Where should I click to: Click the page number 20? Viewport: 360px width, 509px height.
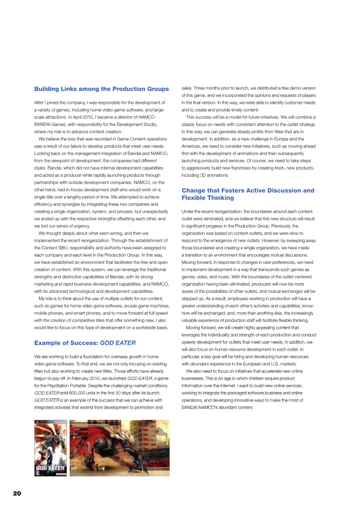[17, 493]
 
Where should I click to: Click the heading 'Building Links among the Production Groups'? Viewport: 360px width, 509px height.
[101, 89]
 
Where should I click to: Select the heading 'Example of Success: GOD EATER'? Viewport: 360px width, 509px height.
[85, 342]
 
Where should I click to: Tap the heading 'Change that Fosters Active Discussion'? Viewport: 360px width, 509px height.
[248, 190]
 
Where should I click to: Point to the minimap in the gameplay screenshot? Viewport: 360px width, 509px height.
[157, 430]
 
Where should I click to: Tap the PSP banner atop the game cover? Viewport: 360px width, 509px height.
[50, 423]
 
